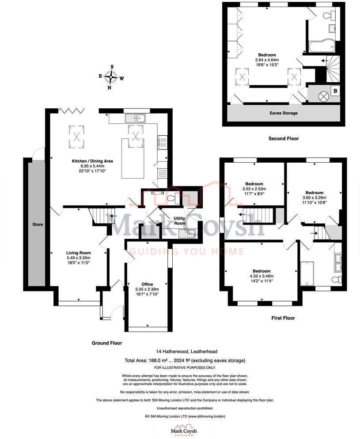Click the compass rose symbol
click(111, 78)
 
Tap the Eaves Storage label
click(283, 113)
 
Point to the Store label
click(38, 225)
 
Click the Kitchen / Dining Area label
click(90, 161)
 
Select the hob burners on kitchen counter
click(162, 142)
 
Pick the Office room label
click(147, 284)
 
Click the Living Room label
click(78, 252)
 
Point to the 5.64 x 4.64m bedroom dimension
click(267, 60)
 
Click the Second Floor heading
click(283, 139)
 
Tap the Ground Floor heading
click(106, 343)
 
